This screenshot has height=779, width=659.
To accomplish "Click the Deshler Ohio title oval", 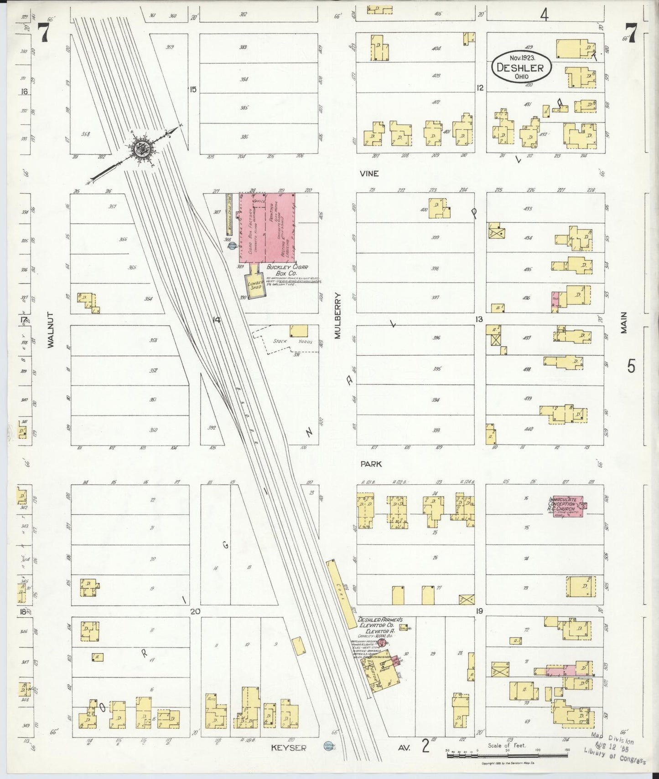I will (x=521, y=67).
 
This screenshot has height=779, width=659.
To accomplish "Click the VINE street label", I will (x=369, y=174).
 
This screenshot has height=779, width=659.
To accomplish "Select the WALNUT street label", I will (x=51, y=330).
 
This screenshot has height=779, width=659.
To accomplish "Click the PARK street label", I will (x=370, y=464).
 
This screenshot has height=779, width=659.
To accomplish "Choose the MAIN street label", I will (x=623, y=323).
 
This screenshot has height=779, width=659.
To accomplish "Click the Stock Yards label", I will (x=292, y=341).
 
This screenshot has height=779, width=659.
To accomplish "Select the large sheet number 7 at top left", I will (x=43, y=32).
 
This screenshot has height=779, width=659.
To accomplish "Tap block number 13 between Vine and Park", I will (x=478, y=319).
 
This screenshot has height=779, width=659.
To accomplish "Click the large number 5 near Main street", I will (x=631, y=366).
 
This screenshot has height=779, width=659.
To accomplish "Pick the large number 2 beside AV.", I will (x=425, y=747).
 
